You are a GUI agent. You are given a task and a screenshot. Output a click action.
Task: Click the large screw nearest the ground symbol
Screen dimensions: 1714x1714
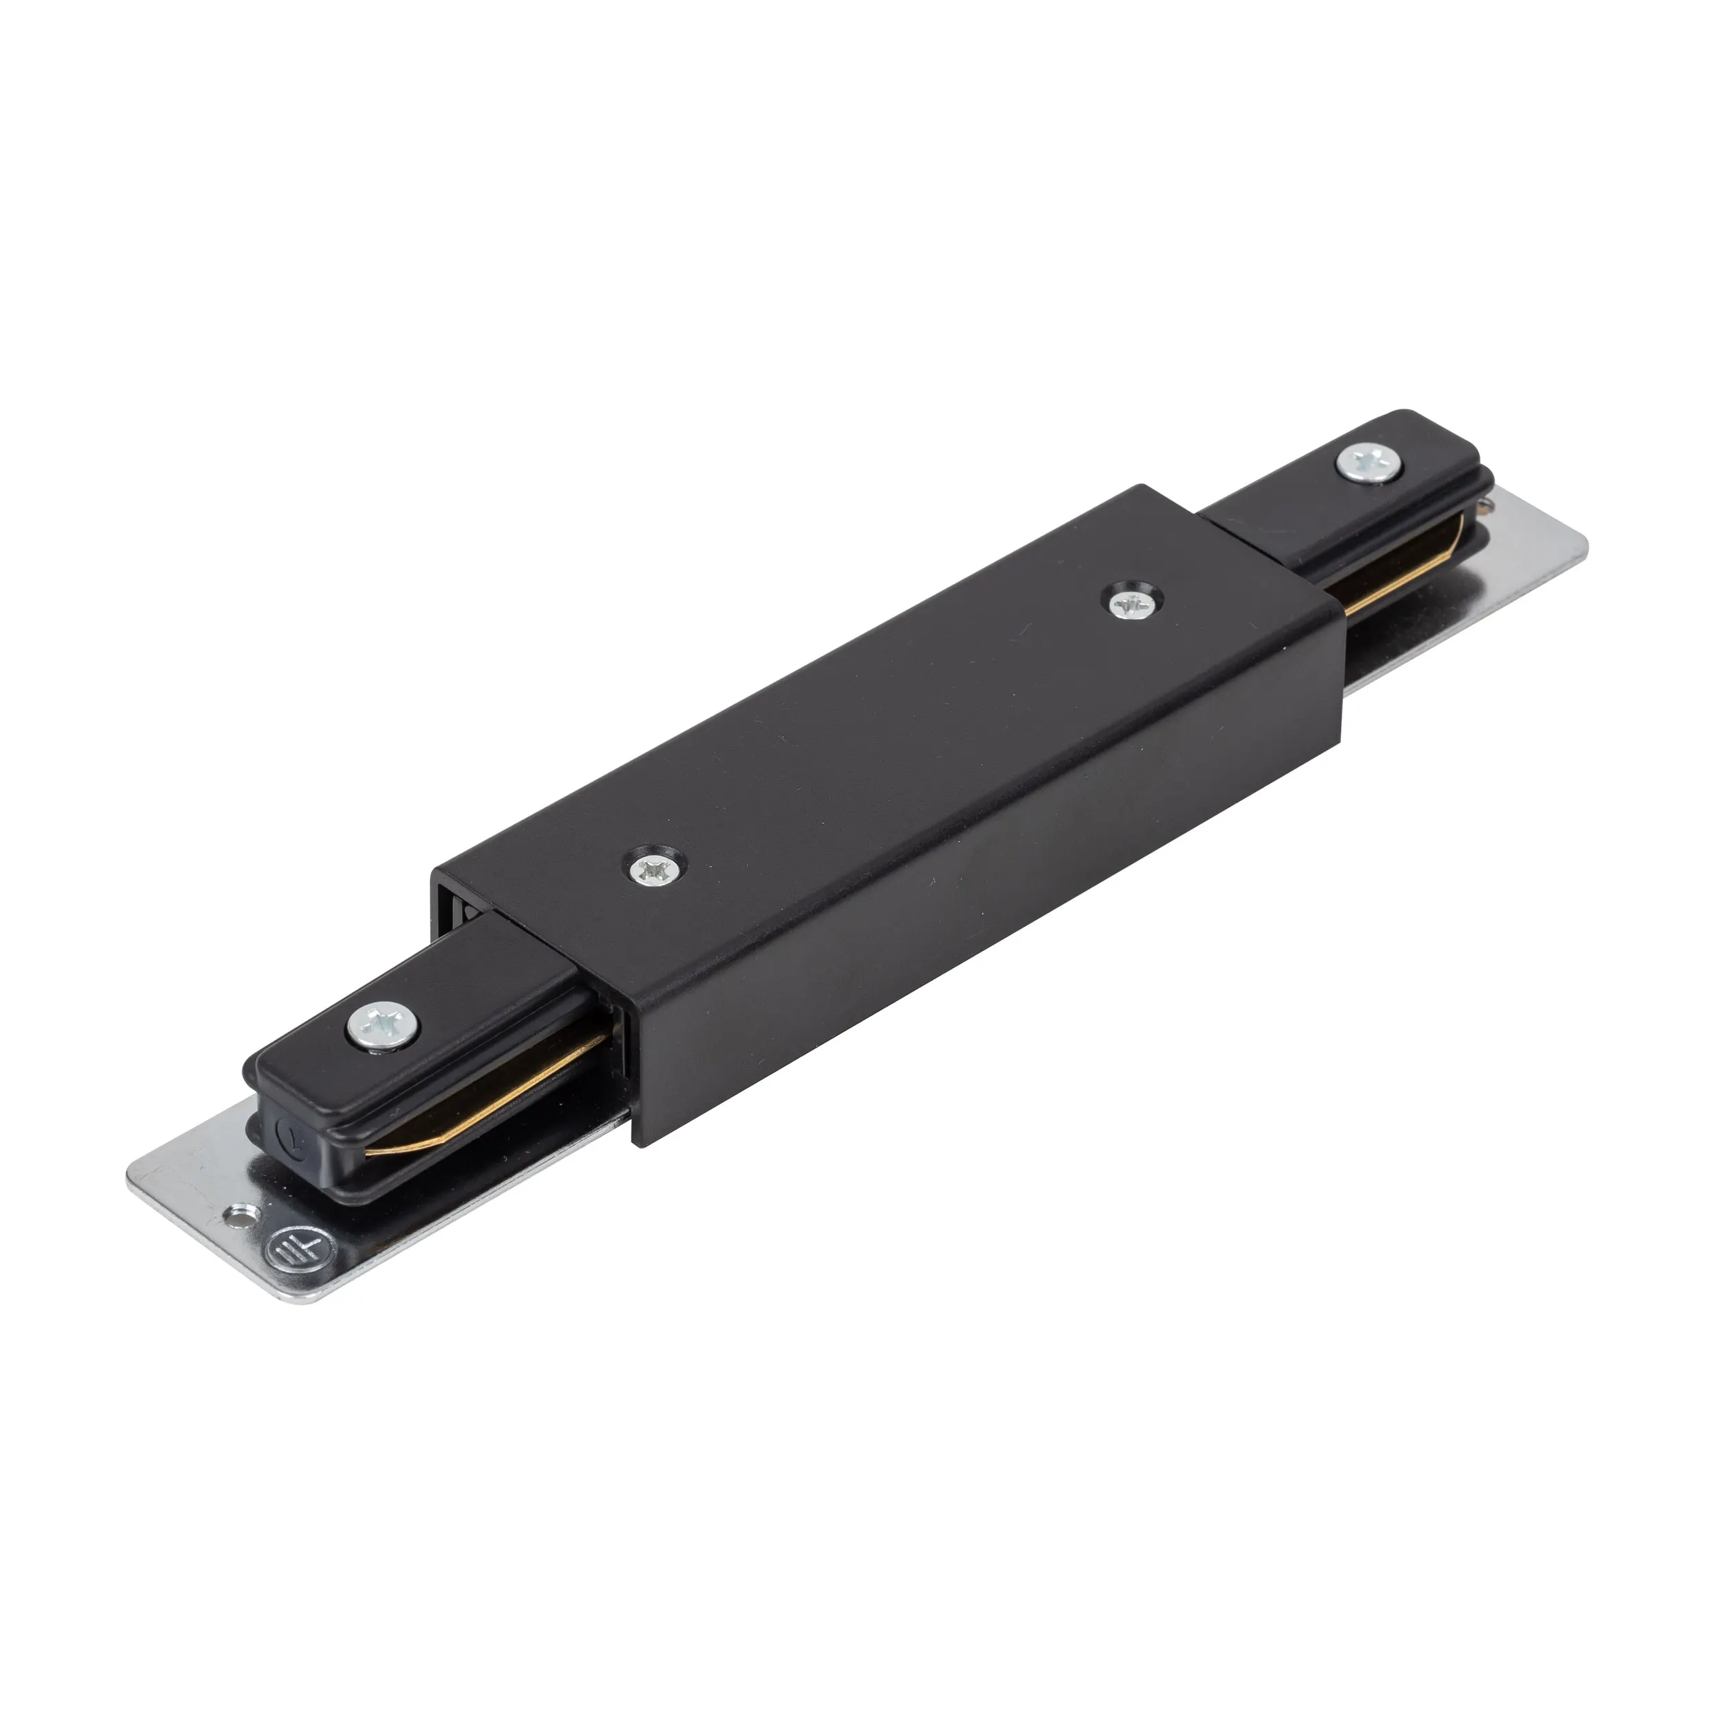(x=383, y=1026)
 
